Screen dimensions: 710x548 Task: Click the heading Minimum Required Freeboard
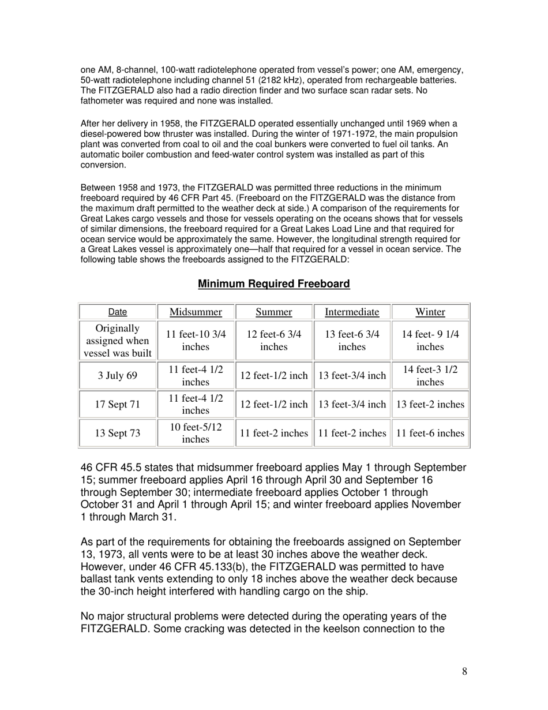273,283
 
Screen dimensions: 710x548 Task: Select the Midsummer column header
196,312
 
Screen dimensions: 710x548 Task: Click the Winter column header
430,312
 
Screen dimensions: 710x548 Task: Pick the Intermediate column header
352,312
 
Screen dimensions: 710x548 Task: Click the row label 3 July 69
118,375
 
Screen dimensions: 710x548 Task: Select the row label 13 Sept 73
118,433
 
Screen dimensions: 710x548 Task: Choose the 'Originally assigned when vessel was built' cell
118,341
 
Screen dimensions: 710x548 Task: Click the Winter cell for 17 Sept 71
430,404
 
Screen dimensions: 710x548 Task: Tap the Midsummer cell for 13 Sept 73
196,433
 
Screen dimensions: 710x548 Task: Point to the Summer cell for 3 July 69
273,375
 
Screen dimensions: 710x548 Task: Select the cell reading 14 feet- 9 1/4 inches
430,341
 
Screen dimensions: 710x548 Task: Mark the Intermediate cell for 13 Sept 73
352,433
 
